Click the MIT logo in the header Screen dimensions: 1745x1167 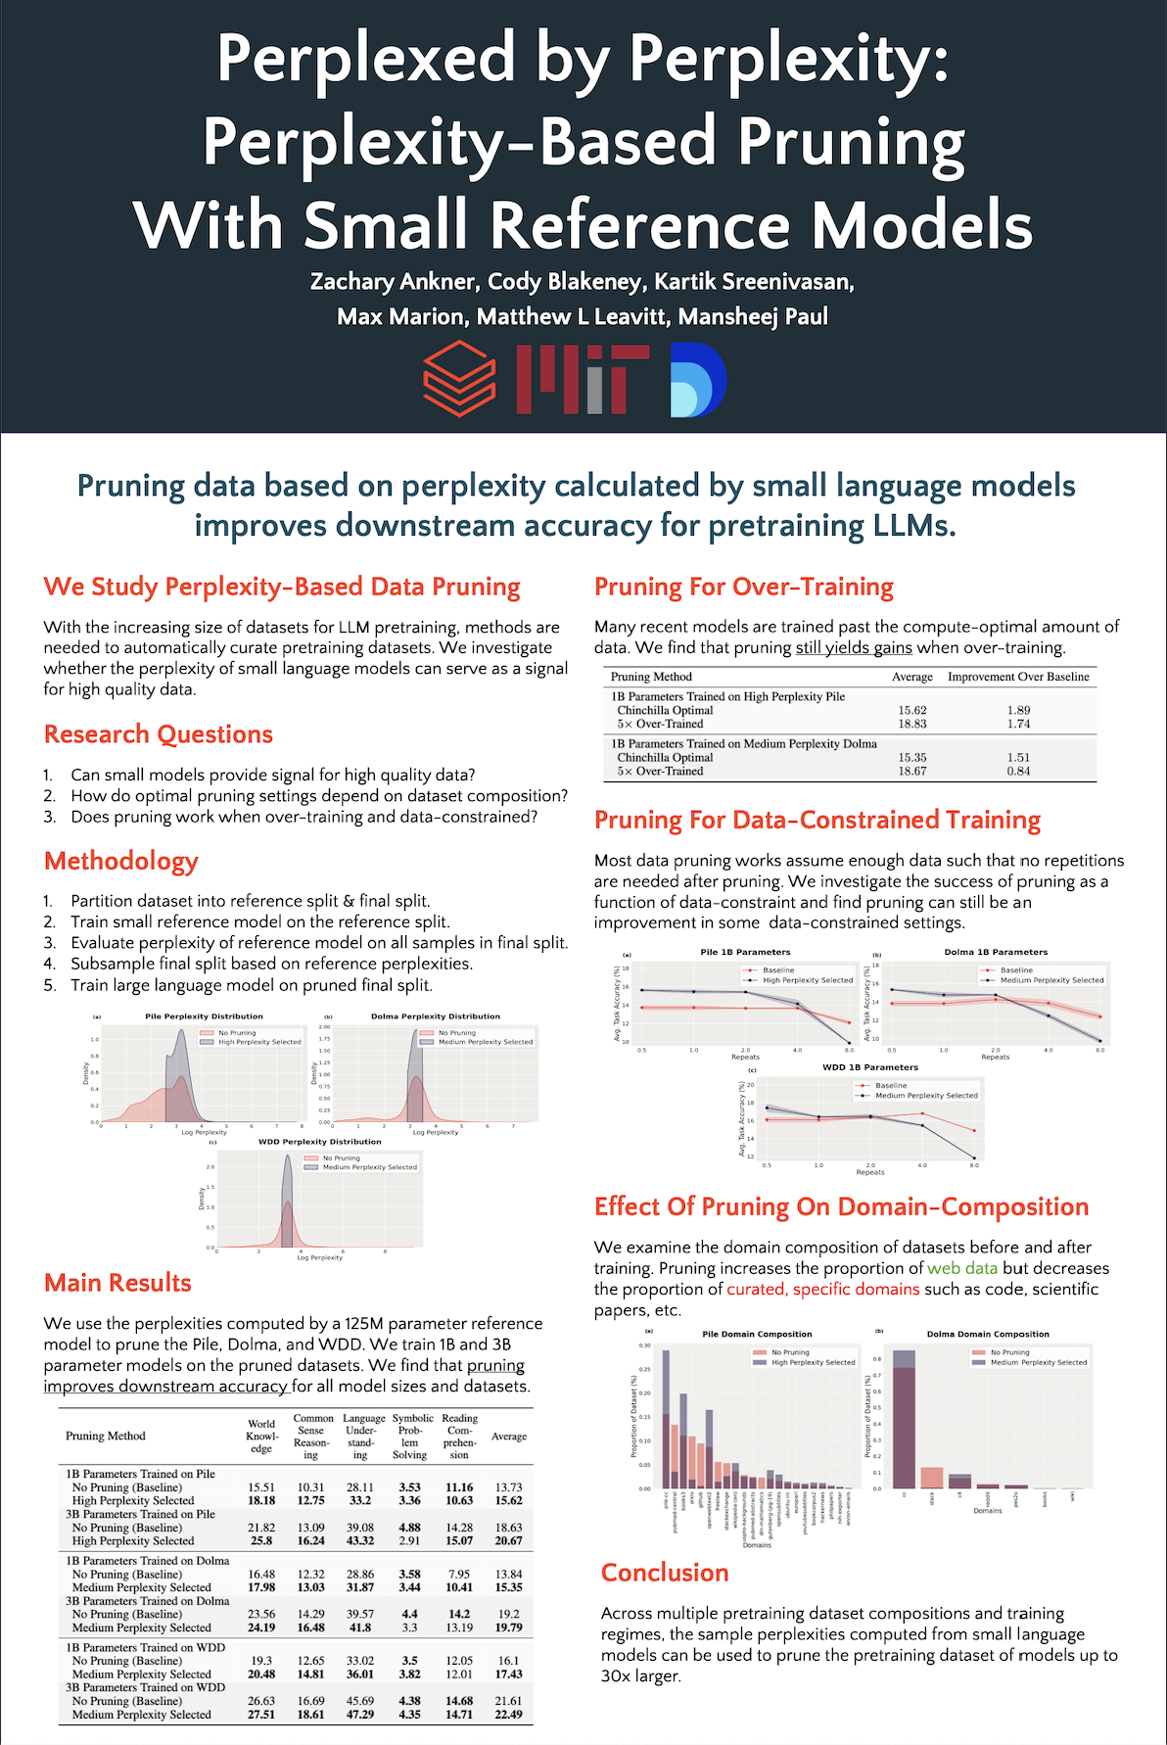pyautogui.click(x=582, y=380)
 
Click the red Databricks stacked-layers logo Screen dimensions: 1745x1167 pyautogui.click(x=458, y=380)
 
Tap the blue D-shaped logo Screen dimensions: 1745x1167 pyautogui.click(x=698, y=380)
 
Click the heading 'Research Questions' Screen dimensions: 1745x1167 pyautogui.click(x=159, y=734)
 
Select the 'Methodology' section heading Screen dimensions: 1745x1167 pyautogui.click(x=121, y=861)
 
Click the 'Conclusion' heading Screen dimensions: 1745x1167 pyautogui.click(x=665, y=1573)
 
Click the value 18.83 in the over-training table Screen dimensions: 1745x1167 pyautogui.click(x=911, y=724)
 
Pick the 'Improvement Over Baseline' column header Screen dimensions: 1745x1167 pyautogui.click(x=1018, y=677)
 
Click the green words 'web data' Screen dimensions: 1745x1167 pyautogui.click(x=962, y=1268)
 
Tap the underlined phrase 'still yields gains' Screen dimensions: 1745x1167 pyautogui.click(x=854, y=647)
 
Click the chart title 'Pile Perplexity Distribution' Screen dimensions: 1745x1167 pyautogui.click(x=204, y=1016)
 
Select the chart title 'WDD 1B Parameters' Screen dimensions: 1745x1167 pyautogui.click(x=870, y=1067)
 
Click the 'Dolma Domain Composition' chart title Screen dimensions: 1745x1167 pyautogui.click(x=988, y=1334)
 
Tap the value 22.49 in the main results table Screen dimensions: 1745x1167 pyautogui.click(x=508, y=1715)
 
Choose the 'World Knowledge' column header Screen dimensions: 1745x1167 pyautogui.click(x=261, y=1436)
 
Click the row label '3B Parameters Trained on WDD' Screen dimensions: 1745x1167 pyautogui.click(x=145, y=1687)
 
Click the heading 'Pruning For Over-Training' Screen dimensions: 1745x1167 pyautogui.click(x=744, y=588)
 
